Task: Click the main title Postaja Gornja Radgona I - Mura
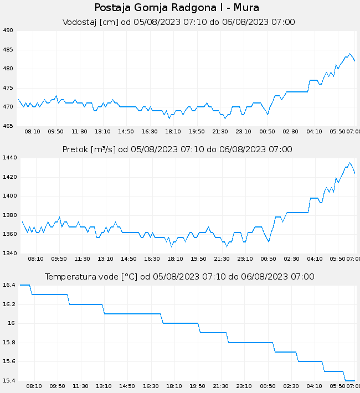pos(177,8)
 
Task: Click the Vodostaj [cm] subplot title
pos(179,22)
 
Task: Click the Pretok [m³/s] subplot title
pos(177,149)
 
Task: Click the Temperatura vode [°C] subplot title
pos(179,277)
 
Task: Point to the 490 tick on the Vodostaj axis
pos(8,30)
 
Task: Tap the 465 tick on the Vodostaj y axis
pos(8,126)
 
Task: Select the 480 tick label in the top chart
pos(8,69)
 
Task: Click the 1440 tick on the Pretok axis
pos(10,158)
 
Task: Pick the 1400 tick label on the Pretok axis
pos(10,196)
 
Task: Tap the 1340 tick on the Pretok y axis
pos(10,254)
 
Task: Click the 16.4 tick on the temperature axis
pos(8,285)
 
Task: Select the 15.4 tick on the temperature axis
pos(8,381)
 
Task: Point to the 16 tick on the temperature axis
pos(11,323)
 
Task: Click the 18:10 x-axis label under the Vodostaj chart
pos(173,131)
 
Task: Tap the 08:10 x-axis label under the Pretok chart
pos(35,258)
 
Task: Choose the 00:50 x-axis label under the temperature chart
pos(268,386)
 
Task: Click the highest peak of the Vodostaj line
pos(349,54)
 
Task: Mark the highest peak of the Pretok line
pos(349,163)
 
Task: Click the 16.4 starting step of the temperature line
pos(24,285)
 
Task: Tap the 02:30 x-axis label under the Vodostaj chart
pos(291,131)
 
